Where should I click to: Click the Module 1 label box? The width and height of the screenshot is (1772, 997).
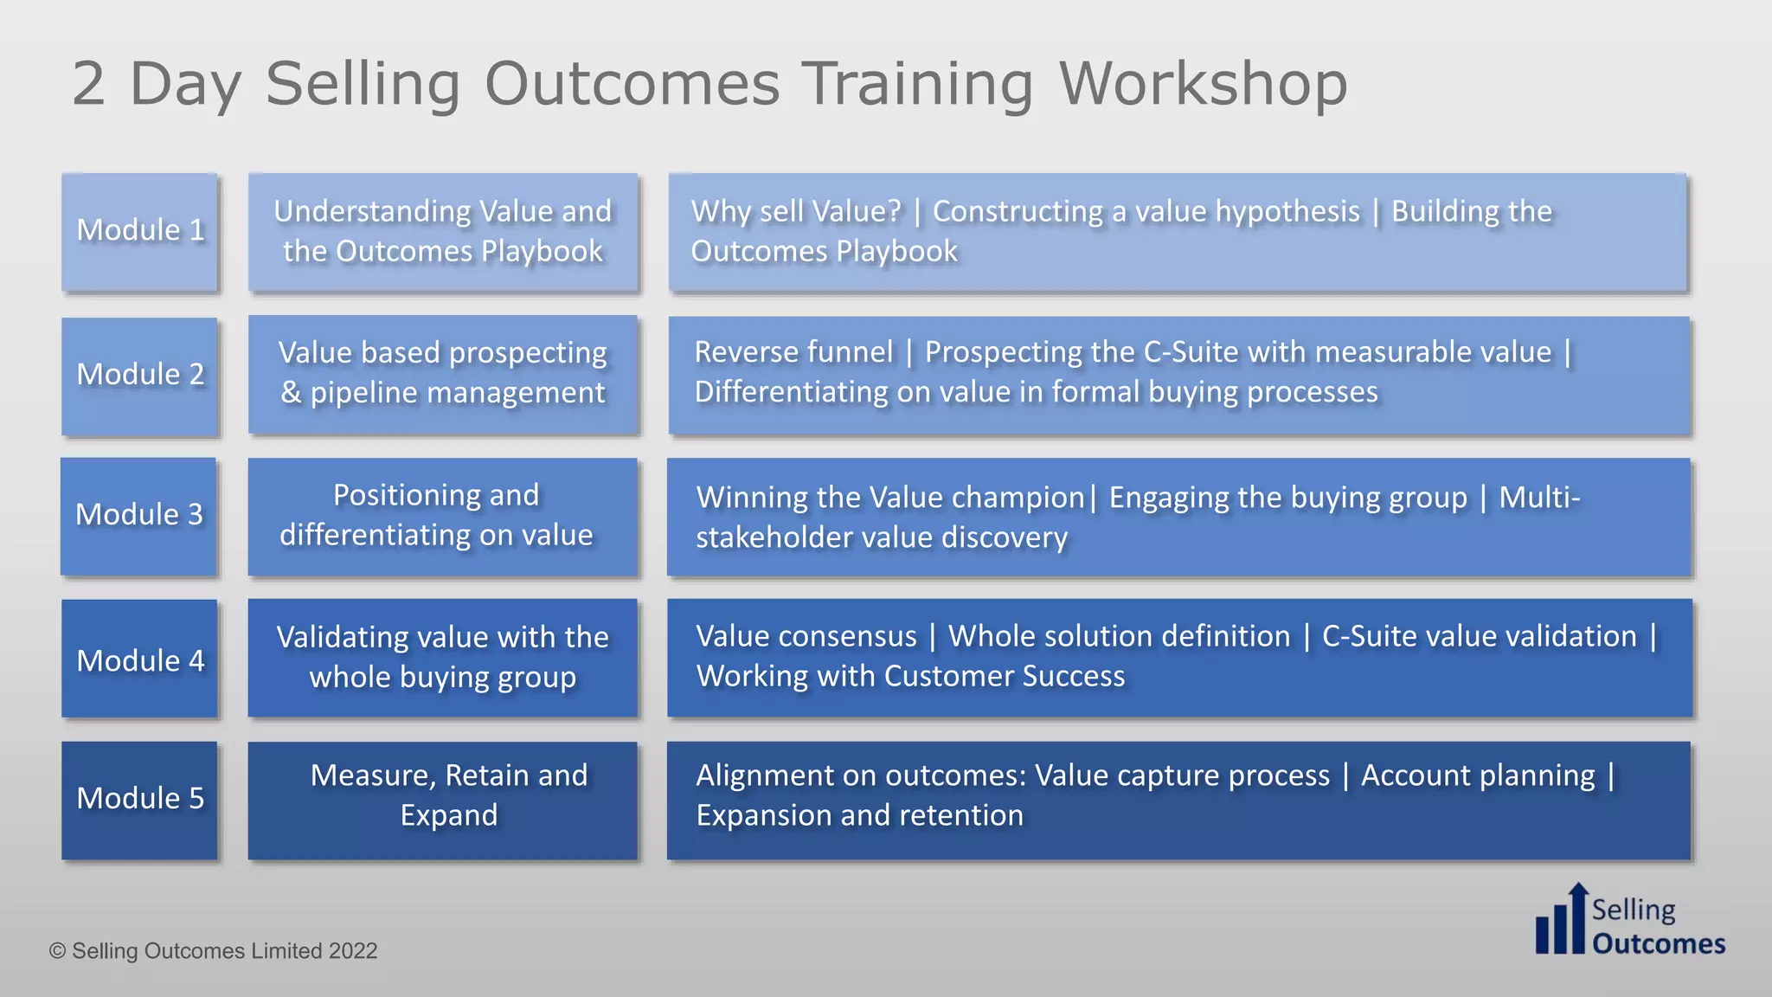point(139,231)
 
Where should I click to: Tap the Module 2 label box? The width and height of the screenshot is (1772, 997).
point(139,376)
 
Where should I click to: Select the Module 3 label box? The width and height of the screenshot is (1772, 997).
point(138,516)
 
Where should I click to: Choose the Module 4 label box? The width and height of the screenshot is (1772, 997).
point(139,659)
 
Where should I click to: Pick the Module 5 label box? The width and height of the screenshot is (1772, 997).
point(139,800)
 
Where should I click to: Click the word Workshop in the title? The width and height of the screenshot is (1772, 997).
point(1203,84)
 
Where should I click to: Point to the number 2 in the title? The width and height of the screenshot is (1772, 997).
point(88,84)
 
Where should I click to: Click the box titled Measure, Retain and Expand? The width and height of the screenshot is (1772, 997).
point(443,800)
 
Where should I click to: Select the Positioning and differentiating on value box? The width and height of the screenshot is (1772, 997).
point(443,516)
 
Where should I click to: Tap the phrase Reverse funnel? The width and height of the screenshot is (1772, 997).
point(793,352)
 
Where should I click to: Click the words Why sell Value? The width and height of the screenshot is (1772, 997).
point(796,211)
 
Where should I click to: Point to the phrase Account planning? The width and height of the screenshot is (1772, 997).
point(1478,775)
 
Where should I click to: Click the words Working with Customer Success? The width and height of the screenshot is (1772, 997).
point(910,676)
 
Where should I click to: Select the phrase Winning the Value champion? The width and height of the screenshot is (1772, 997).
point(889,498)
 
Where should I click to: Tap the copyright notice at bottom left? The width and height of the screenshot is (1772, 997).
point(214,950)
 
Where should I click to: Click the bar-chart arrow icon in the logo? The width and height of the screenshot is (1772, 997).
point(1563,921)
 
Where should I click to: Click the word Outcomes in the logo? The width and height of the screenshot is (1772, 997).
point(1659,943)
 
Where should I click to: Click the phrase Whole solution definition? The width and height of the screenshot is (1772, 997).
point(1119,636)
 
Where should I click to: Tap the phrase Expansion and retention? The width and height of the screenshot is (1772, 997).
point(859,815)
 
